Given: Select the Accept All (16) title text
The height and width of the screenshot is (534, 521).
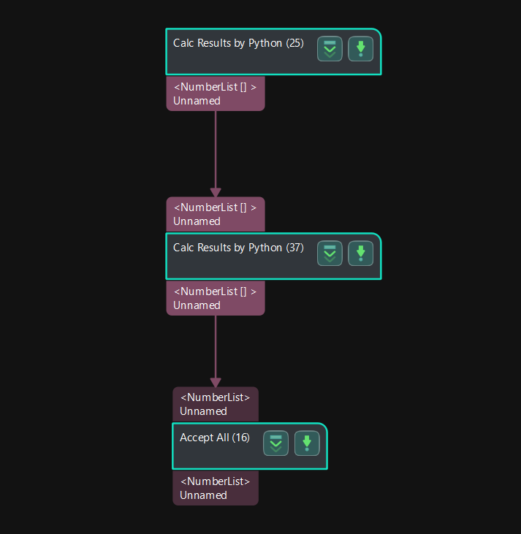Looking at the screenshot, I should pyautogui.click(x=215, y=438).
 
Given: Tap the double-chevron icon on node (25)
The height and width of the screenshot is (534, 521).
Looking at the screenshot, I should pyautogui.click(x=330, y=49).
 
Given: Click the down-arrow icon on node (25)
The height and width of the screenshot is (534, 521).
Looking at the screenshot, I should pyautogui.click(x=360, y=49).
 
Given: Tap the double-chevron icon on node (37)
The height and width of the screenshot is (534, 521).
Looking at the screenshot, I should pyautogui.click(x=330, y=253).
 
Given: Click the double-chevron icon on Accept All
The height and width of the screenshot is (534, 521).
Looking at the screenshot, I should pyautogui.click(x=276, y=443).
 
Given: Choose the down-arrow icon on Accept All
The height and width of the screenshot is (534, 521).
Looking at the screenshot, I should pyautogui.click(x=307, y=443).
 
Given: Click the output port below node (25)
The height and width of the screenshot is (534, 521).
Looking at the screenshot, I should pyautogui.click(x=215, y=94).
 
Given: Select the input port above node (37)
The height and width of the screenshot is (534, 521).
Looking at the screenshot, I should pyautogui.click(x=215, y=214).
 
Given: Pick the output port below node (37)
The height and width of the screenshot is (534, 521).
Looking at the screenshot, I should pyautogui.click(x=215, y=298).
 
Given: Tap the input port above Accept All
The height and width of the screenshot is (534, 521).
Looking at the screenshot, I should pyautogui.click(x=215, y=404).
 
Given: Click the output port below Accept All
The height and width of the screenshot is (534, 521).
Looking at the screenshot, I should pyautogui.click(x=215, y=488).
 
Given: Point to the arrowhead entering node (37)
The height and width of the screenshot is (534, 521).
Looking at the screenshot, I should pyautogui.click(x=216, y=192).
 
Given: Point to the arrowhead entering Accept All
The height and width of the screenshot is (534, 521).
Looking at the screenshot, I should pyautogui.click(x=216, y=382).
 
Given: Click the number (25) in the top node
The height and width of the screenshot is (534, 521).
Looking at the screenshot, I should pyautogui.click(x=294, y=43).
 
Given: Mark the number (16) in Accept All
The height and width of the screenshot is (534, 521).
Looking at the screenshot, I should pyautogui.click(x=240, y=438).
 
